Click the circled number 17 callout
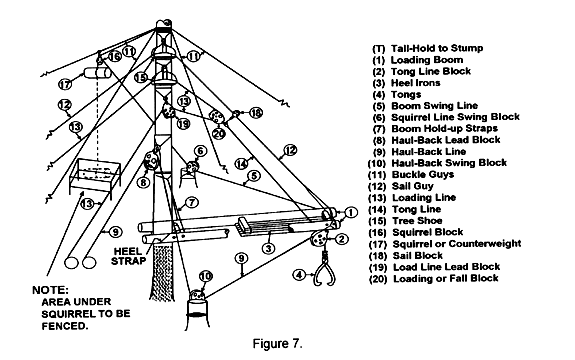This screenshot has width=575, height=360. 65,84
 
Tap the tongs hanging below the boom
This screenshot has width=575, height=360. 324,270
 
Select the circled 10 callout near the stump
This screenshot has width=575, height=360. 206,276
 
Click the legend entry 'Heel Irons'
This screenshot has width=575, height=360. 406,83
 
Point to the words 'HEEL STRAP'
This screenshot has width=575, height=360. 128,256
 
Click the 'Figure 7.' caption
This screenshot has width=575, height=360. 278,344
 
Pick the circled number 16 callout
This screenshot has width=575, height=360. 114,56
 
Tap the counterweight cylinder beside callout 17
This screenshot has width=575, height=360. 97,73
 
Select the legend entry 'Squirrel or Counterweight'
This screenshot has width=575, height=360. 446,244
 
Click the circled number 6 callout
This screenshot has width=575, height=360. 201,151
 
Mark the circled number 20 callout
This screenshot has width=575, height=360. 219,134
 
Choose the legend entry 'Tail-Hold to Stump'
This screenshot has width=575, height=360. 428,48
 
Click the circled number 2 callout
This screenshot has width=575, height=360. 341,239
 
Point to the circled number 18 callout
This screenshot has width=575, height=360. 256,113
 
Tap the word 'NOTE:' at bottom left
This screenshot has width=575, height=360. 50,290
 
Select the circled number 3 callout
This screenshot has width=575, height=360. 269,249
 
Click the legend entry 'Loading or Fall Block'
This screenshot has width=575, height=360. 434,279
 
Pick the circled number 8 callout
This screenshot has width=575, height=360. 143,182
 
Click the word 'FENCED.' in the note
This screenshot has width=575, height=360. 65,326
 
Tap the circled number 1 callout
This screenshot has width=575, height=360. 351,212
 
